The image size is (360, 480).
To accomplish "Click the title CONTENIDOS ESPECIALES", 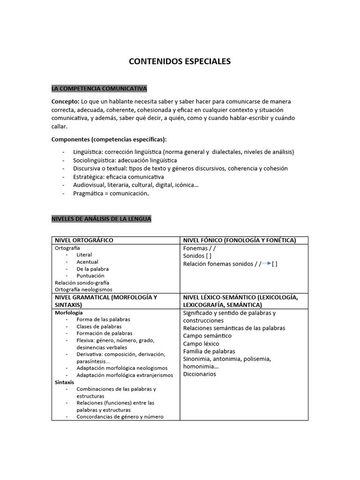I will pyautogui.click(x=180, y=61).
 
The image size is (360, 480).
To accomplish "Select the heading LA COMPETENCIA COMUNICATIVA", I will pyautogui.click(x=99, y=88).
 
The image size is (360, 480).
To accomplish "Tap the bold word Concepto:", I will pyautogui.click(x=65, y=101).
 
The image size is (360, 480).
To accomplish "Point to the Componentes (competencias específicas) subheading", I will pyautogui.click(x=109, y=139).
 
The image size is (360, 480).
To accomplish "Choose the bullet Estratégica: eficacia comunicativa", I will pyautogui.click(x=118, y=177).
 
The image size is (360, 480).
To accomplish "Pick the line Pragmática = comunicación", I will pyautogui.click(x=111, y=193).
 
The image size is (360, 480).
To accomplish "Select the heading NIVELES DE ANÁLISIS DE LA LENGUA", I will pyautogui.click(x=101, y=219).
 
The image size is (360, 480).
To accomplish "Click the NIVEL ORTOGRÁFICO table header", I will pyautogui.click(x=84, y=240).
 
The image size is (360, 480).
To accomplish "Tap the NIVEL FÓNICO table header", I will pyautogui.click(x=240, y=240).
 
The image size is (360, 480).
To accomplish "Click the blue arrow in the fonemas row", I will pyautogui.click(x=267, y=263).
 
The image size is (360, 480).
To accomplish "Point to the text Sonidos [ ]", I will pyautogui.click(x=197, y=256).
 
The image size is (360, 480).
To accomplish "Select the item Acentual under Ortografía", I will pyautogui.click(x=88, y=262).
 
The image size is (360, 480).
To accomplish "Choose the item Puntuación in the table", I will pyautogui.click(x=90, y=276).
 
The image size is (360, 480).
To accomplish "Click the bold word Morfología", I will pyautogui.click(x=69, y=312).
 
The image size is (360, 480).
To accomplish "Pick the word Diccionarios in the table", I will pyautogui.click(x=200, y=374).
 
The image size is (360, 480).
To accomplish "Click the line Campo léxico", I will pyautogui.click(x=201, y=344).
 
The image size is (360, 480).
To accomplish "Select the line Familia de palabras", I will pyautogui.click(x=209, y=351).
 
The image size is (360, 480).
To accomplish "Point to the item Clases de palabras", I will pyautogui.click(x=99, y=326).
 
